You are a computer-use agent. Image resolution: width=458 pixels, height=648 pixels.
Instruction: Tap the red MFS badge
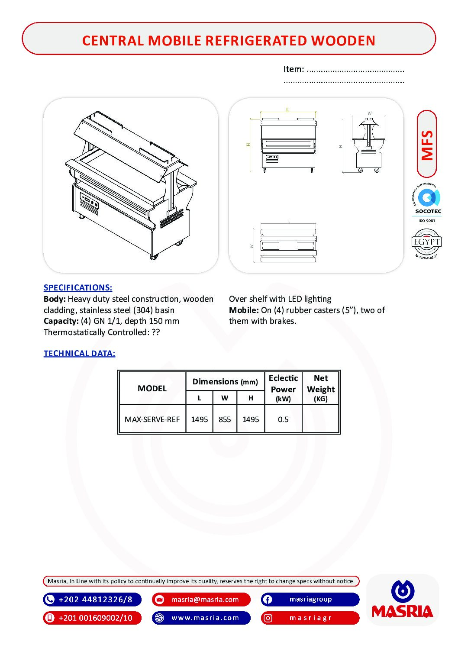(427, 144)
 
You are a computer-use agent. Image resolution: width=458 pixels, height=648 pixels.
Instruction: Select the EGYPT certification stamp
(426, 243)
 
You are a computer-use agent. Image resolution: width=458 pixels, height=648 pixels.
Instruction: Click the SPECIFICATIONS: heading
(78, 287)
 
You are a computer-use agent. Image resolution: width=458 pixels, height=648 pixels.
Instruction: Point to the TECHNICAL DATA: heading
(79, 353)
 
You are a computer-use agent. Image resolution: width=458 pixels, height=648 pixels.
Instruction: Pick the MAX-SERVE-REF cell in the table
(152, 419)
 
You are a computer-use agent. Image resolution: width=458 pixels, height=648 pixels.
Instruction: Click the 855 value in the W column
(225, 419)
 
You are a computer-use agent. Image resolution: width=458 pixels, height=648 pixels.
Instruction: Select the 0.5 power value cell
(283, 419)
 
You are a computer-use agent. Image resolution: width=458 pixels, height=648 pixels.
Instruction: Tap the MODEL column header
(152, 388)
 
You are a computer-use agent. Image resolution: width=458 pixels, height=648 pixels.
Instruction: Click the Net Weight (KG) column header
(321, 388)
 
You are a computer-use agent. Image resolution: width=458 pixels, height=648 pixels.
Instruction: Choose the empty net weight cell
(321, 419)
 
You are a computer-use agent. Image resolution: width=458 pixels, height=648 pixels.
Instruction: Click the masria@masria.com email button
(201, 600)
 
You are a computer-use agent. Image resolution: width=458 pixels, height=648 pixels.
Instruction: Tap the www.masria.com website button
(201, 618)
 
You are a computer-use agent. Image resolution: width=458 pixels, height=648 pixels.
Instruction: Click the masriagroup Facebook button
(310, 600)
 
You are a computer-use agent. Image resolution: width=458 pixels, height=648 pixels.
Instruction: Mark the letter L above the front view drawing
(287, 110)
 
